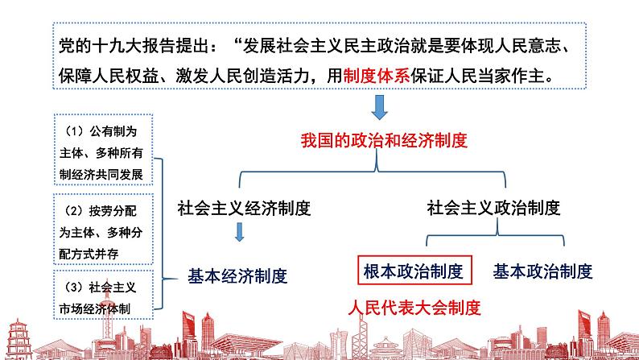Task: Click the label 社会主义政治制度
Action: (x=493, y=207)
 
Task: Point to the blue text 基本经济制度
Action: (x=237, y=275)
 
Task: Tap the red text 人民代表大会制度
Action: (x=414, y=307)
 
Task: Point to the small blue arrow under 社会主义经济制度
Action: (x=239, y=233)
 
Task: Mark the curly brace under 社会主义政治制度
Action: (x=494, y=236)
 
